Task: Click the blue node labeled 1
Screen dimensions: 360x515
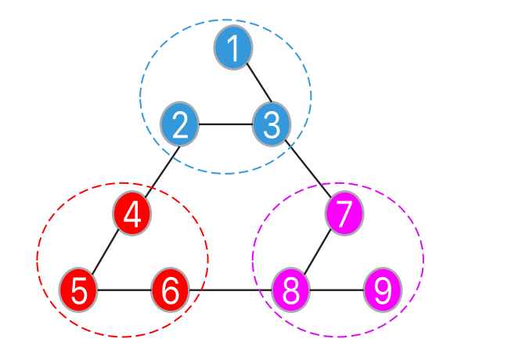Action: pyautogui.click(x=232, y=49)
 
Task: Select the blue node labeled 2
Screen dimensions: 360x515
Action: pyautogui.click(x=180, y=124)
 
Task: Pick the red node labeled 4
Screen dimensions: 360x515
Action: pyautogui.click(x=132, y=213)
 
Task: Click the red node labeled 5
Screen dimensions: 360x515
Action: pyautogui.click(x=79, y=290)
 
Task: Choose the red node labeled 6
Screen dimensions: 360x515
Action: pyautogui.click(x=170, y=290)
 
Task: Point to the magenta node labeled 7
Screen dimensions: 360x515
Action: pyautogui.click(x=345, y=214)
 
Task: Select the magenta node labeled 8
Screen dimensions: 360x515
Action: pyautogui.click(x=291, y=290)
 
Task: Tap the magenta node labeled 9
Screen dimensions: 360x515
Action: pyautogui.click(x=383, y=290)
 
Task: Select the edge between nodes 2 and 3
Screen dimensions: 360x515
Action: pyautogui.click(x=225, y=124)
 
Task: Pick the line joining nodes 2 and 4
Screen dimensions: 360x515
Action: pyautogui.click(x=157, y=168)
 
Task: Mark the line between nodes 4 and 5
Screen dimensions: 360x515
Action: pyautogui.click(x=106, y=251)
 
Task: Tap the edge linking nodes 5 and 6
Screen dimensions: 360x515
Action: pyautogui.click(x=124, y=290)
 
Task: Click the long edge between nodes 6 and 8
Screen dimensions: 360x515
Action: pyautogui.click(x=231, y=290)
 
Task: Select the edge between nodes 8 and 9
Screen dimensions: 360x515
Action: pyautogui.click(x=337, y=290)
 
